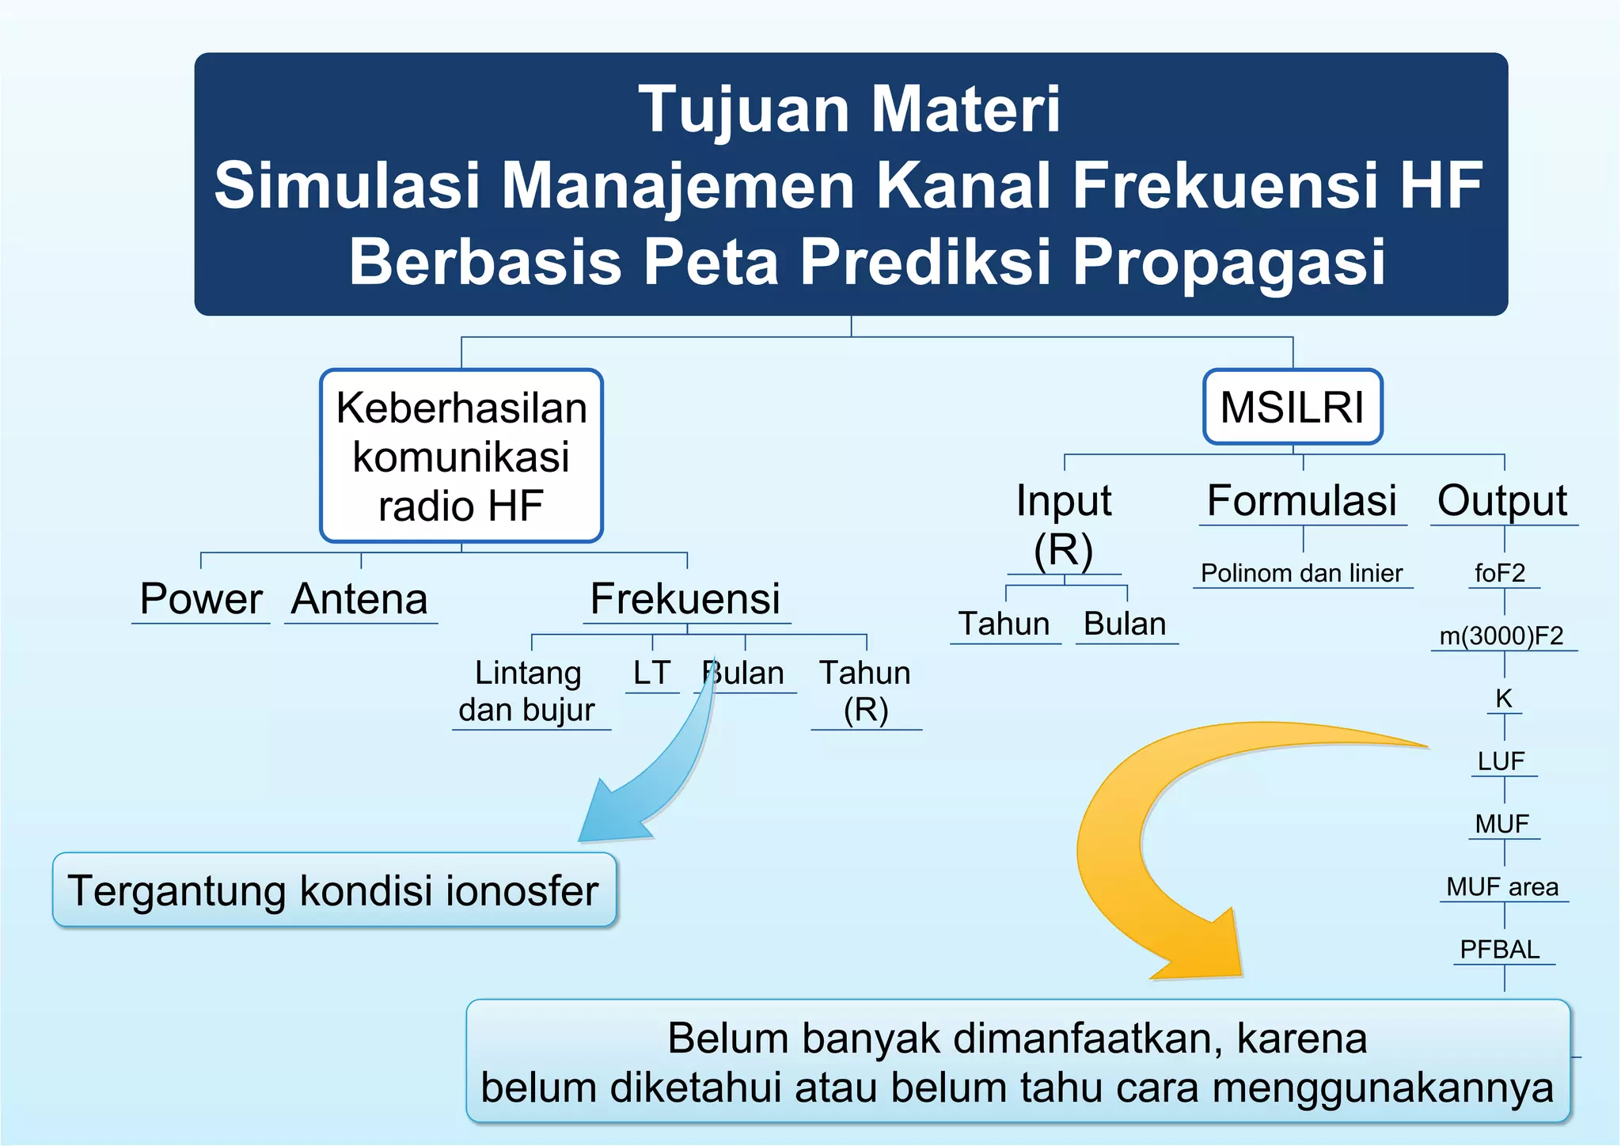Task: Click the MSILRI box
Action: tap(1292, 407)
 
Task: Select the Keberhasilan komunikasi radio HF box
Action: tap(461, 456)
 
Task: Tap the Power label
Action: tap(201, 599)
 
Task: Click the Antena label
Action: tap(360, 599)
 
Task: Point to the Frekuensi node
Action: tap(685, 599)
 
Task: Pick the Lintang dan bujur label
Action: tap(528, 691)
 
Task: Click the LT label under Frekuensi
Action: tap(651, 674)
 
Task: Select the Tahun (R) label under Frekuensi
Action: tap(865, 691)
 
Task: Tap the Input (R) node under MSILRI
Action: tap(1064, 524)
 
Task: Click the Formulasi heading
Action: tap(1302, 501)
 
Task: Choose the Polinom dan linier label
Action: tap(1302, 573)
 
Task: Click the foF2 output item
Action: tap(1501, 573)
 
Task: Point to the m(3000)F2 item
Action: tap(1501, 636)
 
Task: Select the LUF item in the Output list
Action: tap(1501, 761)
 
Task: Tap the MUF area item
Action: tap(1502, 887)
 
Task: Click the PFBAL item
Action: tap(1501, 950)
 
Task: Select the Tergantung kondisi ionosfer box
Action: tap(334, 890)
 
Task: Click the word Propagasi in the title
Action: tap(1228, 261)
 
